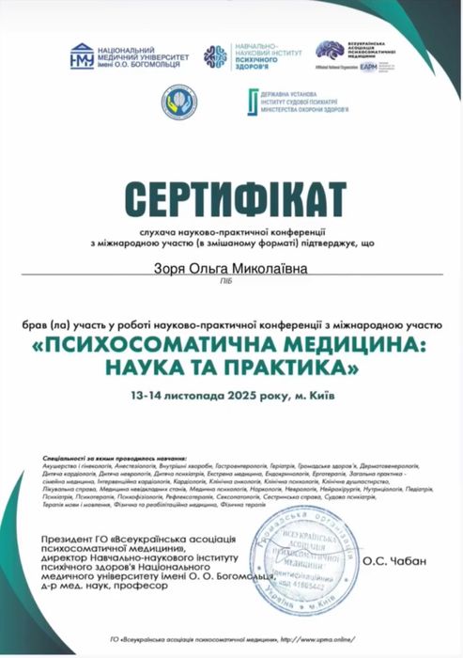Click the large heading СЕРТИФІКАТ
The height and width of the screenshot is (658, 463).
pyautogui.click(x=231, y=200)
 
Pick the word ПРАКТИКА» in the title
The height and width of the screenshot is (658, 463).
pyautogui.click(x=287, y=363)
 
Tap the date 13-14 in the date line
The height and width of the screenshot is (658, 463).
pyautogui.click(x=150, y=392)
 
